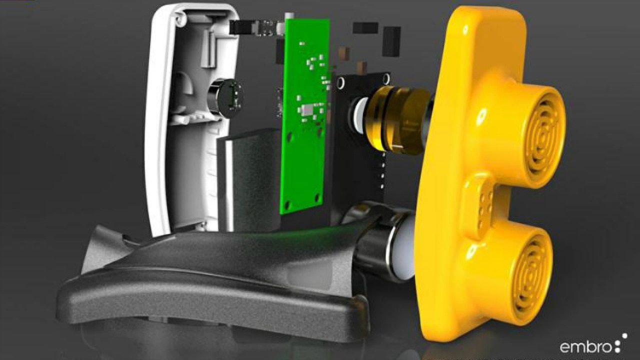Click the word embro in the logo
pyautogui.click(x=585, y=346)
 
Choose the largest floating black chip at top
pyautogui.click(x=391, y=41)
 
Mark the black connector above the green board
pyautogui.click(x=242, y=27)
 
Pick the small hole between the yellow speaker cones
pyautogui.click(x=481, y=116)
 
